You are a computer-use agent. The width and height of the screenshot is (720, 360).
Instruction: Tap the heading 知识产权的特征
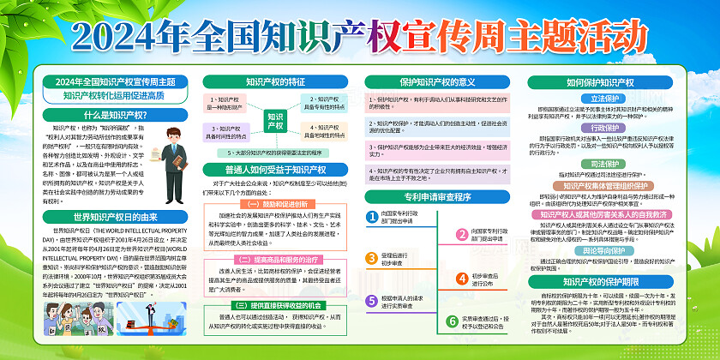coord(275,82)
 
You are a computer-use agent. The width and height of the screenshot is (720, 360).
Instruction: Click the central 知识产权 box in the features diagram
coord(275,120)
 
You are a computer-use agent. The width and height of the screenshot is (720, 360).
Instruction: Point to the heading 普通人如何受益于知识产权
coord(275,169)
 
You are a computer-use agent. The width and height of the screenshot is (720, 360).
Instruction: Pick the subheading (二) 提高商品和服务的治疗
coord(275,258)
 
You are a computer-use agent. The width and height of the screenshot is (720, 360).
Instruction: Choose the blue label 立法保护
coord(599,99)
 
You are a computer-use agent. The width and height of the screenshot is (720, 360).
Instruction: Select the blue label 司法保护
coord(599,163)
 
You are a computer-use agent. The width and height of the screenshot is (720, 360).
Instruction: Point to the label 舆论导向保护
coord(599,253)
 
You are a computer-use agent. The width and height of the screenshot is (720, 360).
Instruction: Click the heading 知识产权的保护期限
coord(599,280)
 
